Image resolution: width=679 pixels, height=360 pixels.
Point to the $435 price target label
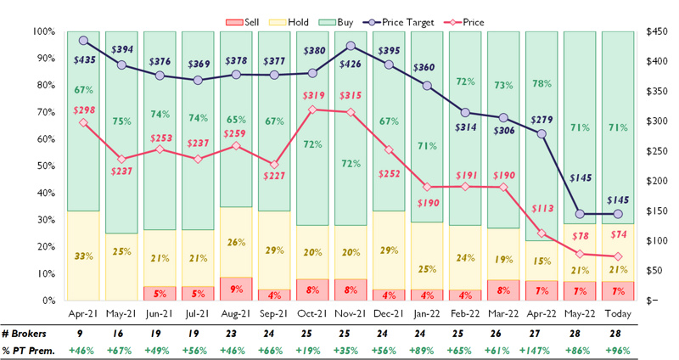point(83,61)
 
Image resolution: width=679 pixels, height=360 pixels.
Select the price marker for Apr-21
point(83,122)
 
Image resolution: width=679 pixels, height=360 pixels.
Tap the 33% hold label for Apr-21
point(83,256)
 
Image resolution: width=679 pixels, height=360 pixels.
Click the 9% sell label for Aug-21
point(235,289)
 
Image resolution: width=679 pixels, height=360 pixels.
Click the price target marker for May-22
point(581,214)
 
